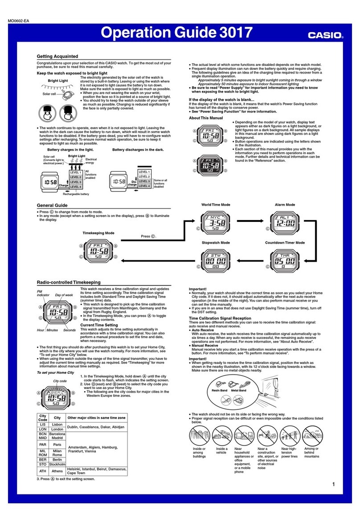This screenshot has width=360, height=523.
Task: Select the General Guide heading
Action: (x=53, y=204)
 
